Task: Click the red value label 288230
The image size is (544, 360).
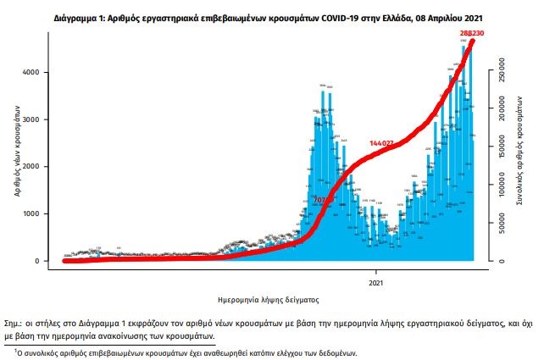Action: pyautogui.click(x=464, y=32)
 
